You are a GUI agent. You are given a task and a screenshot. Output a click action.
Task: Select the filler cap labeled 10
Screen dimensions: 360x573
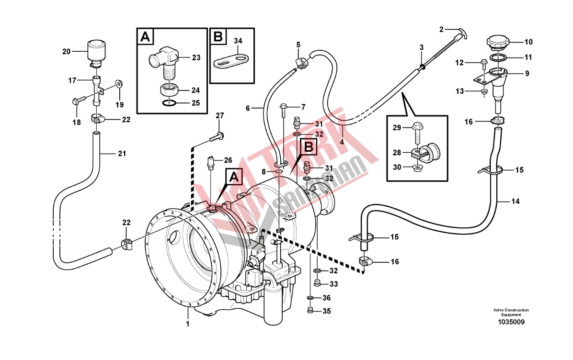click(x=498, y=43)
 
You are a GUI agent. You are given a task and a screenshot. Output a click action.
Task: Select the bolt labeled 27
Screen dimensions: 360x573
click(x=216, y=137)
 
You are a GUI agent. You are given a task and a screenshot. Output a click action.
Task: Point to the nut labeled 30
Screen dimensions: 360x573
click(x=417, y=167)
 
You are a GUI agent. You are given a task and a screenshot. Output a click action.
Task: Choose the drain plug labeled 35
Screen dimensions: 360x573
click(x=310, y=311)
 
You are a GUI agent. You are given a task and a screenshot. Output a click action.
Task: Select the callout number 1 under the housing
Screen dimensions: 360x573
click(x=188, y=324)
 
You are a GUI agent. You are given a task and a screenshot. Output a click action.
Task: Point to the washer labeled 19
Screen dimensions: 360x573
click(x=119, y=85)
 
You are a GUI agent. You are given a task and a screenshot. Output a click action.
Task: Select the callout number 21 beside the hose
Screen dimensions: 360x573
click(x=122, y=154)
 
